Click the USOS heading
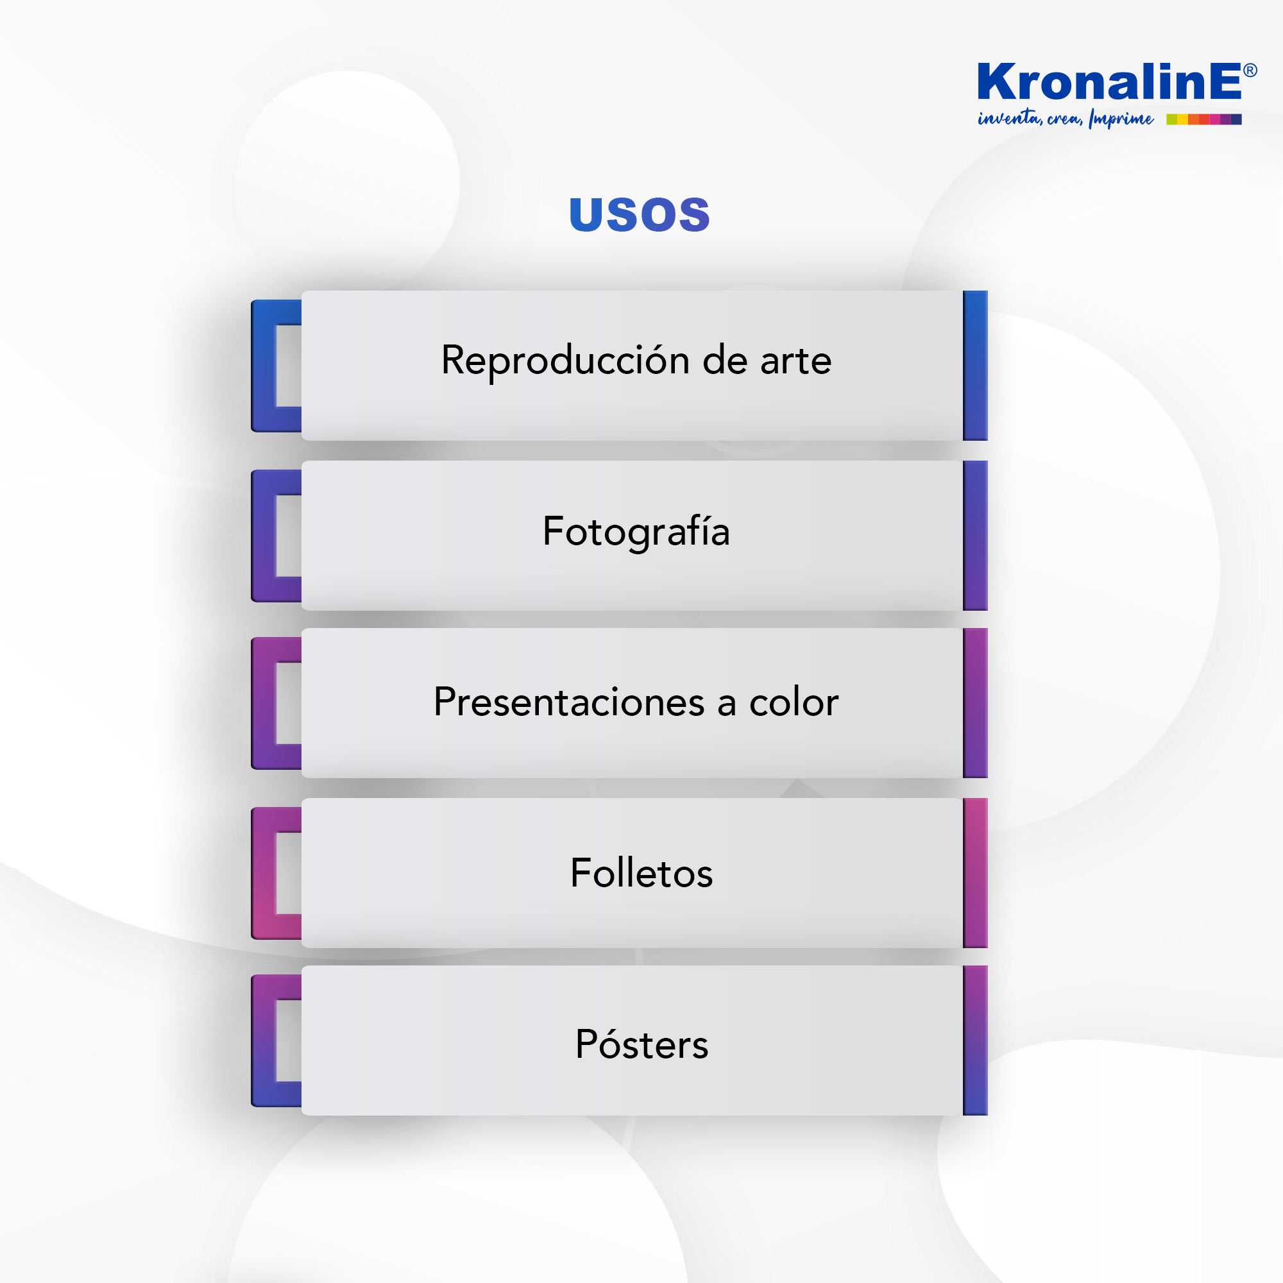click(640, 214)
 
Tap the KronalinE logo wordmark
click(1110, 81)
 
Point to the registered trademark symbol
click(1250, 71)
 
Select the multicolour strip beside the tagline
click(1204, 119)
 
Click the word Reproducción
click(566, 362)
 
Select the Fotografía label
click(636, 532)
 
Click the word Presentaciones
click(569, 702)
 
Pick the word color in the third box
click(794, 702)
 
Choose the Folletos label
click(641, 872)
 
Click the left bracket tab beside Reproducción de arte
click(264, 366)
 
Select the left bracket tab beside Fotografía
click(264, 536)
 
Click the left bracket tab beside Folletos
click(264, 873)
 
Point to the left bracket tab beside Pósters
click(264, 1041)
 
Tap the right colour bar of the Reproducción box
click(976, 366)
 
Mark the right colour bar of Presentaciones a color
click(976, 703)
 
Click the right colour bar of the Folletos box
click(976, 873)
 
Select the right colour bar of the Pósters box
click(976, 1041)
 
